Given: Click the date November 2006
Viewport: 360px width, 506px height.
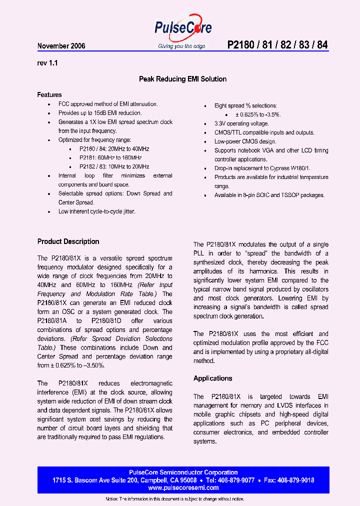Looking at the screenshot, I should (61, 46).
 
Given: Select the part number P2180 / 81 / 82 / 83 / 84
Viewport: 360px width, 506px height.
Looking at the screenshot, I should (277, 45).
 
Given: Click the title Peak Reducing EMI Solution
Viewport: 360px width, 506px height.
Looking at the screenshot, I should (182, 79).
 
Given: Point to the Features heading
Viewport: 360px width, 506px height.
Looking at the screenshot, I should (49, 94).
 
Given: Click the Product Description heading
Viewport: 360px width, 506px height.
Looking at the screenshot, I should (68, 241).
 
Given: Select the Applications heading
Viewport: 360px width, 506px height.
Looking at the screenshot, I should (212, 378).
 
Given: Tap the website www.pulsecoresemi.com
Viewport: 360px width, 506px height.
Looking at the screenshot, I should (183, 487).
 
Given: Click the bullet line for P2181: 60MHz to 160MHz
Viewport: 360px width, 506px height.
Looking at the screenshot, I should (114, 158).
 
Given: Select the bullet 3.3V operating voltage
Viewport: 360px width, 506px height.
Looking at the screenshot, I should (241, 123).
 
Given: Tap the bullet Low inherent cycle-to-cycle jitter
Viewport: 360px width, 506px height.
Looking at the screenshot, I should (97, 211).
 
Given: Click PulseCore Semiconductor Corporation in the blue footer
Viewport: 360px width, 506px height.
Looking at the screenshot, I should (183, 472).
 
